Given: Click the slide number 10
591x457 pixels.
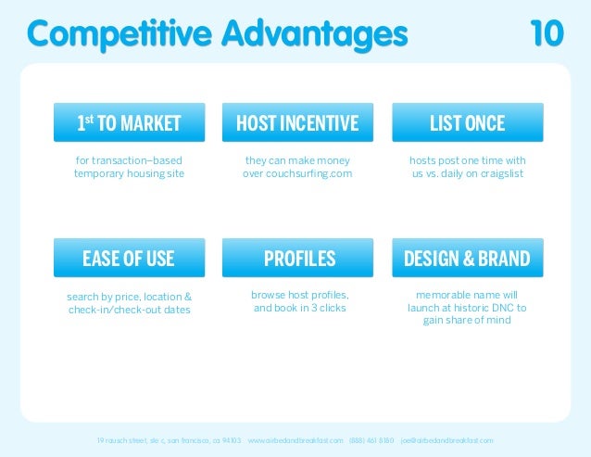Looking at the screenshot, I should pos(546,33).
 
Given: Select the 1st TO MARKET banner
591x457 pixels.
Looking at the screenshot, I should pos(129,123).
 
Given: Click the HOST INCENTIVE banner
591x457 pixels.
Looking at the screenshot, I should pos(297,123).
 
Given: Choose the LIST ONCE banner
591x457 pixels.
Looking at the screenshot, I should pos(468,123).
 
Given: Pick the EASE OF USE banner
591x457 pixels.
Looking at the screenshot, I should pos(129,259).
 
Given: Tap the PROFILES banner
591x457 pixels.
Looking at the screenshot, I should pos(297,259).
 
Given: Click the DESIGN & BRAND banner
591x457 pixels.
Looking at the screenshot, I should pos(468,259).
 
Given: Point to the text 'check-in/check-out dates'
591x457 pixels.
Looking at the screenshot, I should pos(129,310).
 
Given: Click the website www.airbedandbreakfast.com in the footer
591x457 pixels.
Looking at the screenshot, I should pos(295,439).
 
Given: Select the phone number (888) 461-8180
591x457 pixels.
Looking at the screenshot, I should pos(371,439).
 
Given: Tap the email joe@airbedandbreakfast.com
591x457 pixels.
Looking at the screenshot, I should pos(446,439).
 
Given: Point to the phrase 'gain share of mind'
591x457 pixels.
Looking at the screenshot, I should pos(468,321).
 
